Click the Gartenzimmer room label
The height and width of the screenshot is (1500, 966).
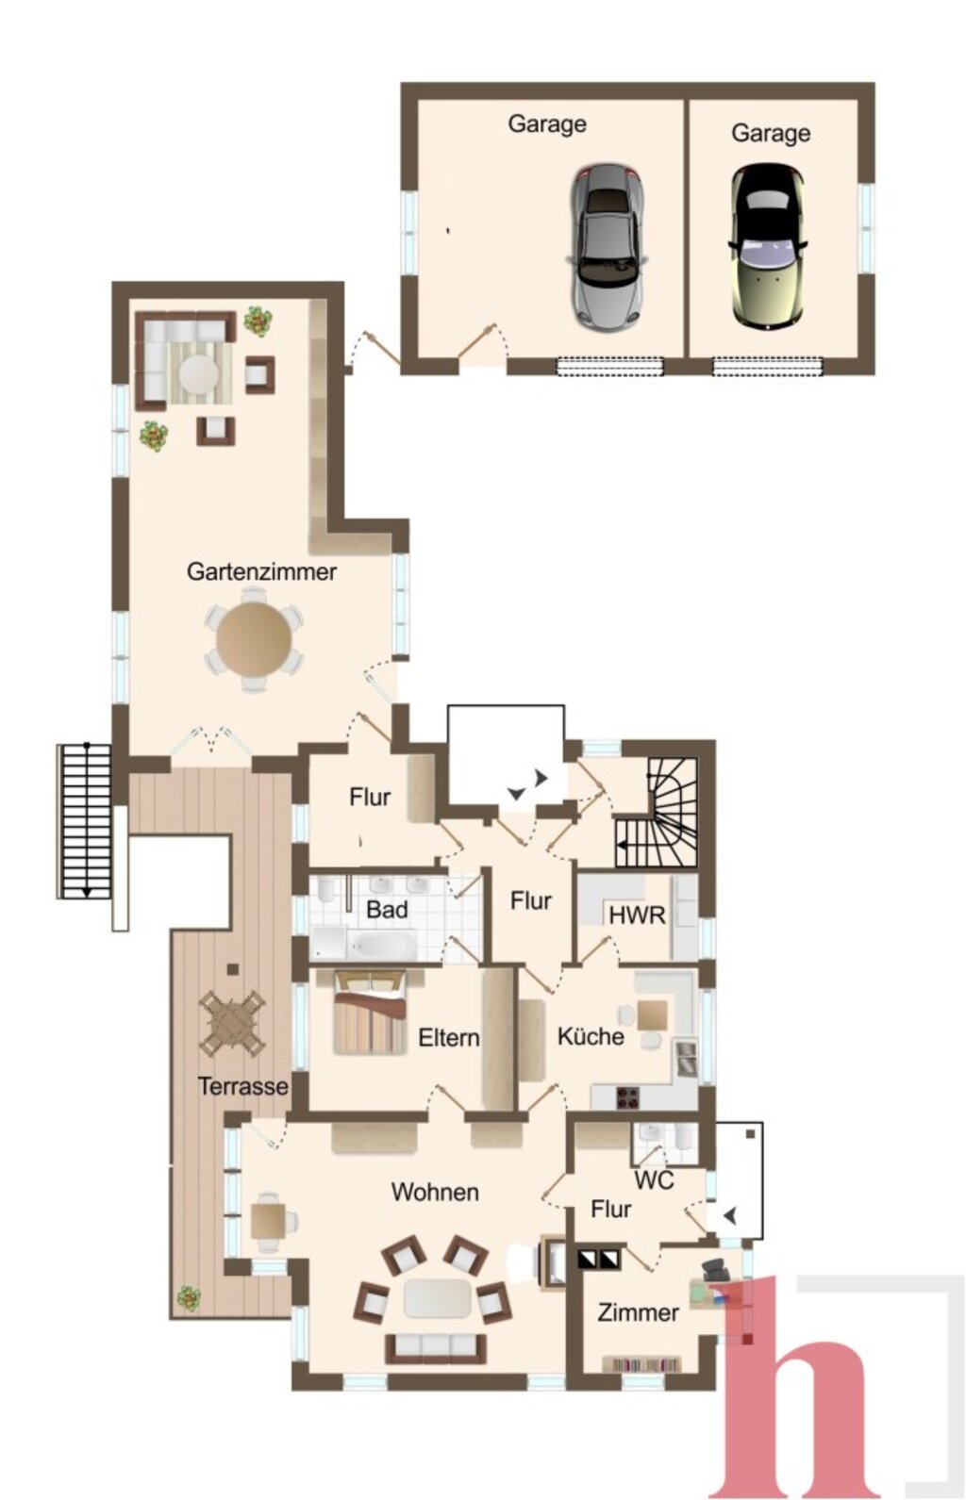coord(261,572)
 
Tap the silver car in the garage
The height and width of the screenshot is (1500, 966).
coord(607,248)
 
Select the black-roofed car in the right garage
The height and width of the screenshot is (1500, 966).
coord(767,248)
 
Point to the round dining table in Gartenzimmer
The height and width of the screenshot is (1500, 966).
coord(254,639)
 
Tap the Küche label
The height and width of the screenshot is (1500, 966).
coord(591,1036)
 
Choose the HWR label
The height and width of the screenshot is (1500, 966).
coord(637,915)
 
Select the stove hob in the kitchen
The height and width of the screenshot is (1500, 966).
coord(627,1096)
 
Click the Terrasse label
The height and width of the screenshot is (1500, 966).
coord(243,1086)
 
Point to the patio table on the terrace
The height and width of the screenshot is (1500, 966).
coord(232,1023)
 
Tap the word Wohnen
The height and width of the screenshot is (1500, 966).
coord(435,1192)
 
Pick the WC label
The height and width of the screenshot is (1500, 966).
coord(653,1179)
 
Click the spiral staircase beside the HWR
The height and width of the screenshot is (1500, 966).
coord(658,812)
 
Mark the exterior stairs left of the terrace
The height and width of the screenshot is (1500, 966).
coord(84,820)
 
